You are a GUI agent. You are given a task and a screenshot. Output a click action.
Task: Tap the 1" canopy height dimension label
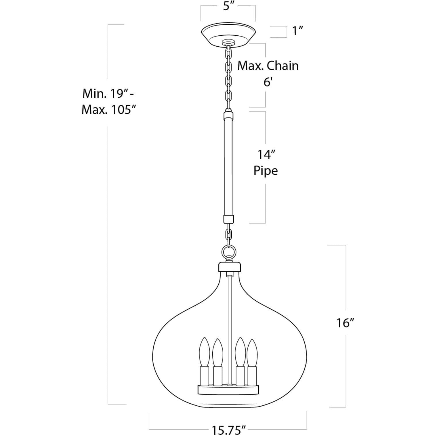298,31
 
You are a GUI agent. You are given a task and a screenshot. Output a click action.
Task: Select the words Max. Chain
268,66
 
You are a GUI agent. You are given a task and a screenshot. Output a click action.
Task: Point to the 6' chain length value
268,83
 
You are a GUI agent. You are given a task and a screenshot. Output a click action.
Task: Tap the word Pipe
265,171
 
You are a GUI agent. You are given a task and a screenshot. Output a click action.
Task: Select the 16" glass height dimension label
345,323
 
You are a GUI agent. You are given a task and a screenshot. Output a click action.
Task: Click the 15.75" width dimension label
229,430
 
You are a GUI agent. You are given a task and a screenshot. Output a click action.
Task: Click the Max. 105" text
108,110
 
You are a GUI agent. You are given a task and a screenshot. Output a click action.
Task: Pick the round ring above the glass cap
229,252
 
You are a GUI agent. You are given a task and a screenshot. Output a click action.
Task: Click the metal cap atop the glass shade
229,267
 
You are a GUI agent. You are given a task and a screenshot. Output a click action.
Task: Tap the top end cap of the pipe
228,116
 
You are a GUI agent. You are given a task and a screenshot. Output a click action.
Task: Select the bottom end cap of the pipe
228,219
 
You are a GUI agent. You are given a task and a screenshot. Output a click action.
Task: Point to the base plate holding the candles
228,390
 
